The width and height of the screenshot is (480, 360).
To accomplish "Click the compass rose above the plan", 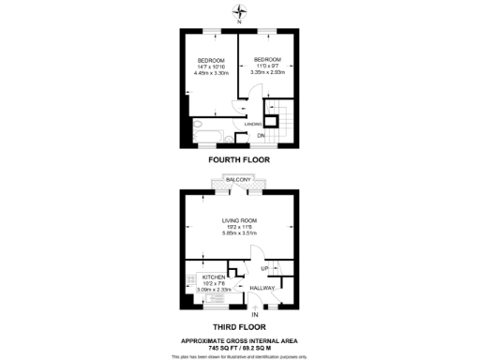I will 242,10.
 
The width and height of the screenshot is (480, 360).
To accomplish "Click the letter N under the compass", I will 242,22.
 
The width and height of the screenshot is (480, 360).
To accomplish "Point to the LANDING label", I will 252,124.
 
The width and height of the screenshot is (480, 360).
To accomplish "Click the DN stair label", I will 262,136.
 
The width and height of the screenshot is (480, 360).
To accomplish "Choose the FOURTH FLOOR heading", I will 240,160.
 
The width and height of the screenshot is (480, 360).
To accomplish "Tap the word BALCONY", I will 239,179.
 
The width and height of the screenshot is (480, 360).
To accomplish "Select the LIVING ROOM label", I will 239,221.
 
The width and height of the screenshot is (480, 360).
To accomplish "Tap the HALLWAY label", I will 262,288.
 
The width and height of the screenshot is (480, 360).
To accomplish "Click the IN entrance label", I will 254,313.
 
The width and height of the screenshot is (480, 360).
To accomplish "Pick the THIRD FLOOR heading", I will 240,325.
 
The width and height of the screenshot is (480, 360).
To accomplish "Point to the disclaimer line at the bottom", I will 240,356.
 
